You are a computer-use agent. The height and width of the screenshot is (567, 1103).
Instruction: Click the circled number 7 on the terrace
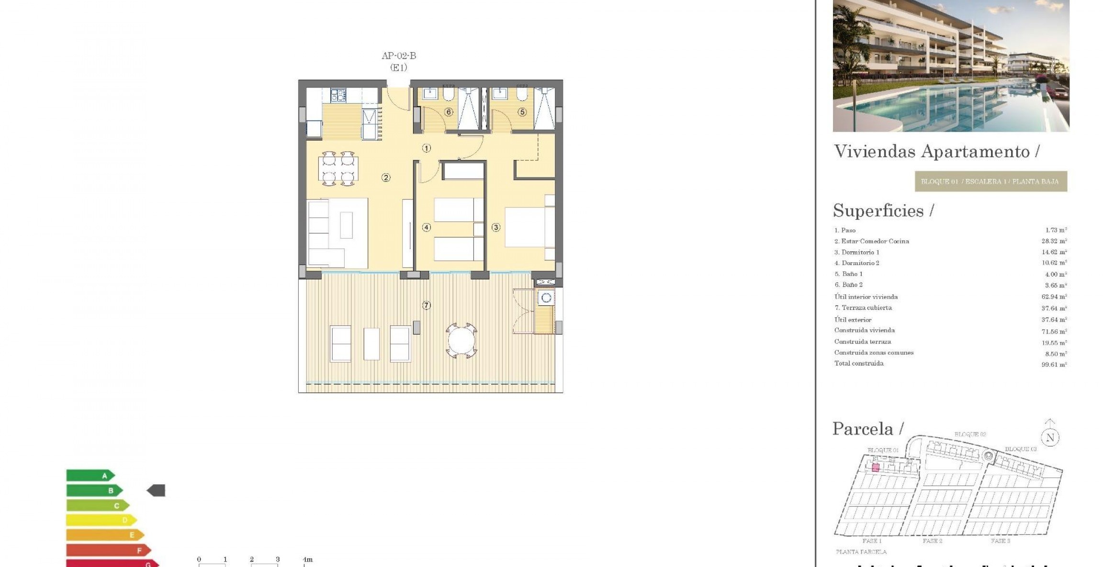[426, 305]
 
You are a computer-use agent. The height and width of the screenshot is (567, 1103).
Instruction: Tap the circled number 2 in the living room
[386, 178]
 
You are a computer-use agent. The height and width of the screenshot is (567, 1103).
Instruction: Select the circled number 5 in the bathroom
[522, 112]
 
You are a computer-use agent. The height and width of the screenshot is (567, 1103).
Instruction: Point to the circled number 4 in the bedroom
[426, 227]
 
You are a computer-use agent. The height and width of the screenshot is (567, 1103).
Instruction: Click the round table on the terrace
[461, 340]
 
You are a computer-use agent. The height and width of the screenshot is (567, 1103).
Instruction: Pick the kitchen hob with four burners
[338, 95]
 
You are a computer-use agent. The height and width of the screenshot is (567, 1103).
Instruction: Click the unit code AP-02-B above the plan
[399, 56]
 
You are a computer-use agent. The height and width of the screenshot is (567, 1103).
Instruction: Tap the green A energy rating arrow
[90, 476]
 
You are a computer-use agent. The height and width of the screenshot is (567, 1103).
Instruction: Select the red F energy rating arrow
[108, 550]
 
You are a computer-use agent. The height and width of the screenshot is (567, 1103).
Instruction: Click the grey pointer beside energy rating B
[156, 490]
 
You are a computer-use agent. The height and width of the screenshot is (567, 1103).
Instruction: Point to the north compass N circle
[1050, 437]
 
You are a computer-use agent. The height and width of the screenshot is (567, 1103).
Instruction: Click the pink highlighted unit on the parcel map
[876, 467]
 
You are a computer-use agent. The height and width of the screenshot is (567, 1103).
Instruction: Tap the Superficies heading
[883, 211]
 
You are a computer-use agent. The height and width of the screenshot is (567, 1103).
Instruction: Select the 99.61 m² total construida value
[1054, 365]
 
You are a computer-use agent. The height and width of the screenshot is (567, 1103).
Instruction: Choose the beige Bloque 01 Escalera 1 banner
[990, 181]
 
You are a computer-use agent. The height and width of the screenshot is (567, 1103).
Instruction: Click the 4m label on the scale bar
[307, 559]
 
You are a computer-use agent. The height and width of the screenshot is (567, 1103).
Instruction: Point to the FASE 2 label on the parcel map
[932, 541]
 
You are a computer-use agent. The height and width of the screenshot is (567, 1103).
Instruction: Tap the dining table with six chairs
[338, 168]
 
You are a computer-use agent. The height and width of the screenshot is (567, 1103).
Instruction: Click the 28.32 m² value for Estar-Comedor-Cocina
[1054, 241]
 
